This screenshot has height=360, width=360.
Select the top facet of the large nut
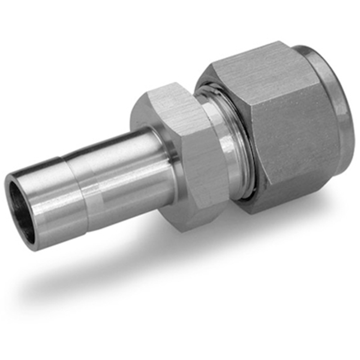coord(252,67)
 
